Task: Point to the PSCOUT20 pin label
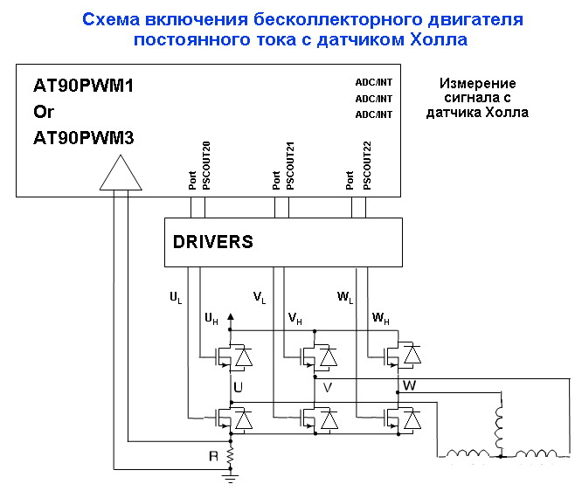[x=206, y=165]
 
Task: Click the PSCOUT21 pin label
[x=290, y=165]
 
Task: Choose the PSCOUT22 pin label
[x=366, y=165]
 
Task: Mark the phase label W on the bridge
[x=408, y=384]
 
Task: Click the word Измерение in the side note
[x=476, y=83]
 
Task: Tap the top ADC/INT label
[x=373, y=83]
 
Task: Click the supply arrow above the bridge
[x=231, y=317]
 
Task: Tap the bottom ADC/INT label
[x=373, y=114]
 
